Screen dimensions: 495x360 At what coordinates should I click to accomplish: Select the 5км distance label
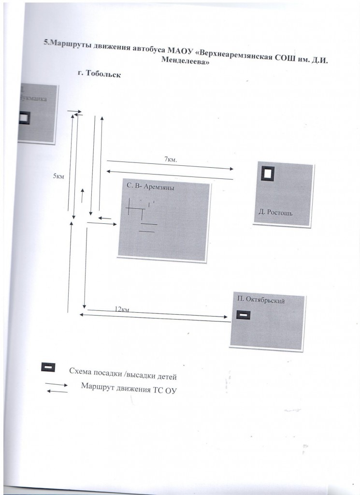58,176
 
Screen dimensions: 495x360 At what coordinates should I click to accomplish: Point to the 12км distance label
122,308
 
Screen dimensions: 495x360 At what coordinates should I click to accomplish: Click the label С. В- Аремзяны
150,186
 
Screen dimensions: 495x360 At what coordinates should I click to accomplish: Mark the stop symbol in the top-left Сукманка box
23,118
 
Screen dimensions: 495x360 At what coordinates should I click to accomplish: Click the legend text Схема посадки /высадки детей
124,373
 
